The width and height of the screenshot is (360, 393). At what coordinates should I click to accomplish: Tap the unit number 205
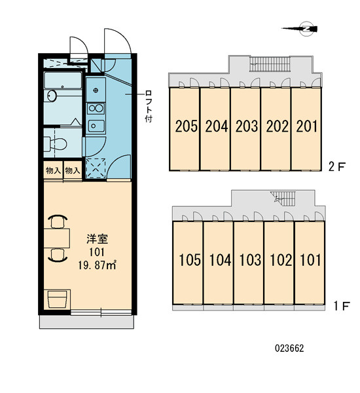[x=186, y=126]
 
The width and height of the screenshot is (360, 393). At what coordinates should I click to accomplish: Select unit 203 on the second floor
[x=247, y=126]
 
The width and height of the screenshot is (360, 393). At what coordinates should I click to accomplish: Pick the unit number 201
[x=306, y=126]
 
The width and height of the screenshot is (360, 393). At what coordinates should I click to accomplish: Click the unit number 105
[x=190, y=259]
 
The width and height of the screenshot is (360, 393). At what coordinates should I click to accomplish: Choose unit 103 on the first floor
[x=250, y=259]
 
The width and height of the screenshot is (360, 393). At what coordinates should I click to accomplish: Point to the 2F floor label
[x=337, y=166]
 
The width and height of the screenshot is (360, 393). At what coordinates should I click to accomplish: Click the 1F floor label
[x=342, y=306]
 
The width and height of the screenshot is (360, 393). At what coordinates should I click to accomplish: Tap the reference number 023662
[x=289, y=348]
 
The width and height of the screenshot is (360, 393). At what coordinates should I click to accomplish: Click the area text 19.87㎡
[x=97, y=265]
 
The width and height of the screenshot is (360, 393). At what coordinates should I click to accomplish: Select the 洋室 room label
[x=98, y=239]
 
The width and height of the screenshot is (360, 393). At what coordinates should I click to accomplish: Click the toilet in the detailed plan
[x=56, y=144]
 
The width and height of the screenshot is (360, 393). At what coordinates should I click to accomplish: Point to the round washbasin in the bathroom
[x=52, y=96]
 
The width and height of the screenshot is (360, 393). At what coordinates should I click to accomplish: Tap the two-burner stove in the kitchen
[x=96, y=109]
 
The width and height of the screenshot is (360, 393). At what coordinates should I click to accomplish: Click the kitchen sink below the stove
[x=96, y=126]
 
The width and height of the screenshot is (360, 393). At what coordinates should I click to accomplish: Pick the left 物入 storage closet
[x=53, y=170]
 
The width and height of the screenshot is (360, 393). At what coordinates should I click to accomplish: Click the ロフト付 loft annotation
[x=149, y=106]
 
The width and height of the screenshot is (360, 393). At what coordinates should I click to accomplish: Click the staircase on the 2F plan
[x=270, y=64]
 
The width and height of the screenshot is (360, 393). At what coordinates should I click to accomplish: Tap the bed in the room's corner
[x=57, y=299]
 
